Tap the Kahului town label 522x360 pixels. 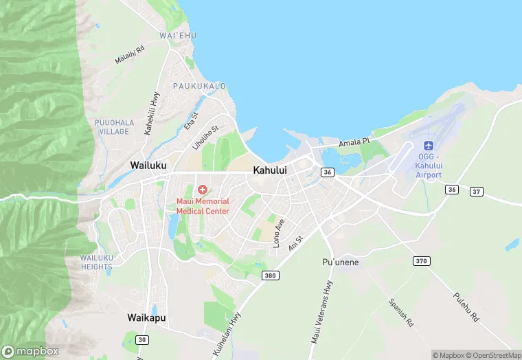click(x=270, y=169)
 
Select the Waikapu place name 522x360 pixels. click(x=146, y=317)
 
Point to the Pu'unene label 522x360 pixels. click(x=341, y=262)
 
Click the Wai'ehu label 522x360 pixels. click(x=172, y=35)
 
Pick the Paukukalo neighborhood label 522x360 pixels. click(x=199, y=86)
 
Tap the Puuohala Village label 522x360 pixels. click(x=113, y=126)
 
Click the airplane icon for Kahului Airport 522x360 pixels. click(x=429, y=146)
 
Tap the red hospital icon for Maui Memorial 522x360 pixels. click(x=203, y=189)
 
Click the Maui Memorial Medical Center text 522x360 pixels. click(x=203, y=206)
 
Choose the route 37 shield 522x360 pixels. click(x=476, y=191)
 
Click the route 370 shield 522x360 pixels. click(x=421, y=261)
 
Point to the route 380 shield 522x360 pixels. click(x=270, y=275)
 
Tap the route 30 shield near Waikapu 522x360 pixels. click(x=141, y=339)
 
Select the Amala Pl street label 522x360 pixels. click(x=354, y=142)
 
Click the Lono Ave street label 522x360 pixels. click(x=280, y=234)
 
